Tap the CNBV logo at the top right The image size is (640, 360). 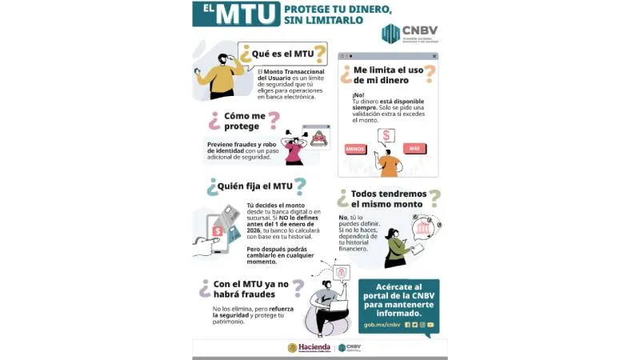coord(410,34)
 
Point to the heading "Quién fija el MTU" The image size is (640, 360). coord(254,186)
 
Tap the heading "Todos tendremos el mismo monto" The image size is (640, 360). coord(388,198)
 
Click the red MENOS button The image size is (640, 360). coord(355,149)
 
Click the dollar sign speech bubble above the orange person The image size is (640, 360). coord(386,135)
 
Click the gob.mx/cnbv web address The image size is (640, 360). coord(382,325)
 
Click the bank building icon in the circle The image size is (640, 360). coord(422,231)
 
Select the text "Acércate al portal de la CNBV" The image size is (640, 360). coord(398,292)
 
